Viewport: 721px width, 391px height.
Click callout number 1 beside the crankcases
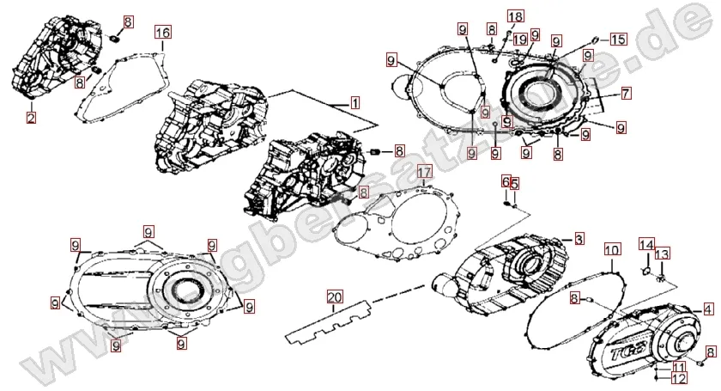point(354,101)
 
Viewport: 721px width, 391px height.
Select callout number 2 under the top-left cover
point(31,118)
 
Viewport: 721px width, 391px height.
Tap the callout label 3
point(579,238)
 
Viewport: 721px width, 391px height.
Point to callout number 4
point(707,309)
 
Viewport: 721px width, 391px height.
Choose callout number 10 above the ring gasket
point(611,250)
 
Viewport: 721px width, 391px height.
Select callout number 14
point(645,245)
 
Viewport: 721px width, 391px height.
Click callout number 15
point(619,40)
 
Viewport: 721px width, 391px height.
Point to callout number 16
point(163,32)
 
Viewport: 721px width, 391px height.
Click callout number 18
point(514,17)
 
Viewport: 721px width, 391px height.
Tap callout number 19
point(520,40)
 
